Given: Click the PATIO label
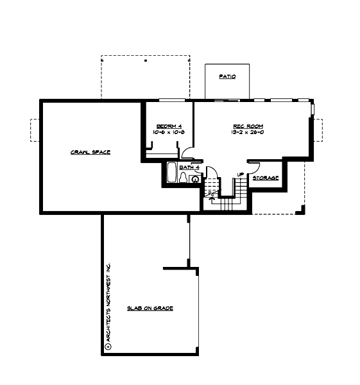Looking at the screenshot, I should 227,76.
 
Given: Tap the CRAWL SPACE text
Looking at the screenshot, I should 90,152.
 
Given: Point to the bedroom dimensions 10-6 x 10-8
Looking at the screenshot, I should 168,132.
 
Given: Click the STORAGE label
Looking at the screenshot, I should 266,178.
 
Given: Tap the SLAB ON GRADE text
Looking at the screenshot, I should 150,309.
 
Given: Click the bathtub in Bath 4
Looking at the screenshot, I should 171,173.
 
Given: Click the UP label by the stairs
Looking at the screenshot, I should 240,175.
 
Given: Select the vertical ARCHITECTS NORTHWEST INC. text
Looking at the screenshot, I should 108,302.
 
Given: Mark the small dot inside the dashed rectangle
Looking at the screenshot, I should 146,60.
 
